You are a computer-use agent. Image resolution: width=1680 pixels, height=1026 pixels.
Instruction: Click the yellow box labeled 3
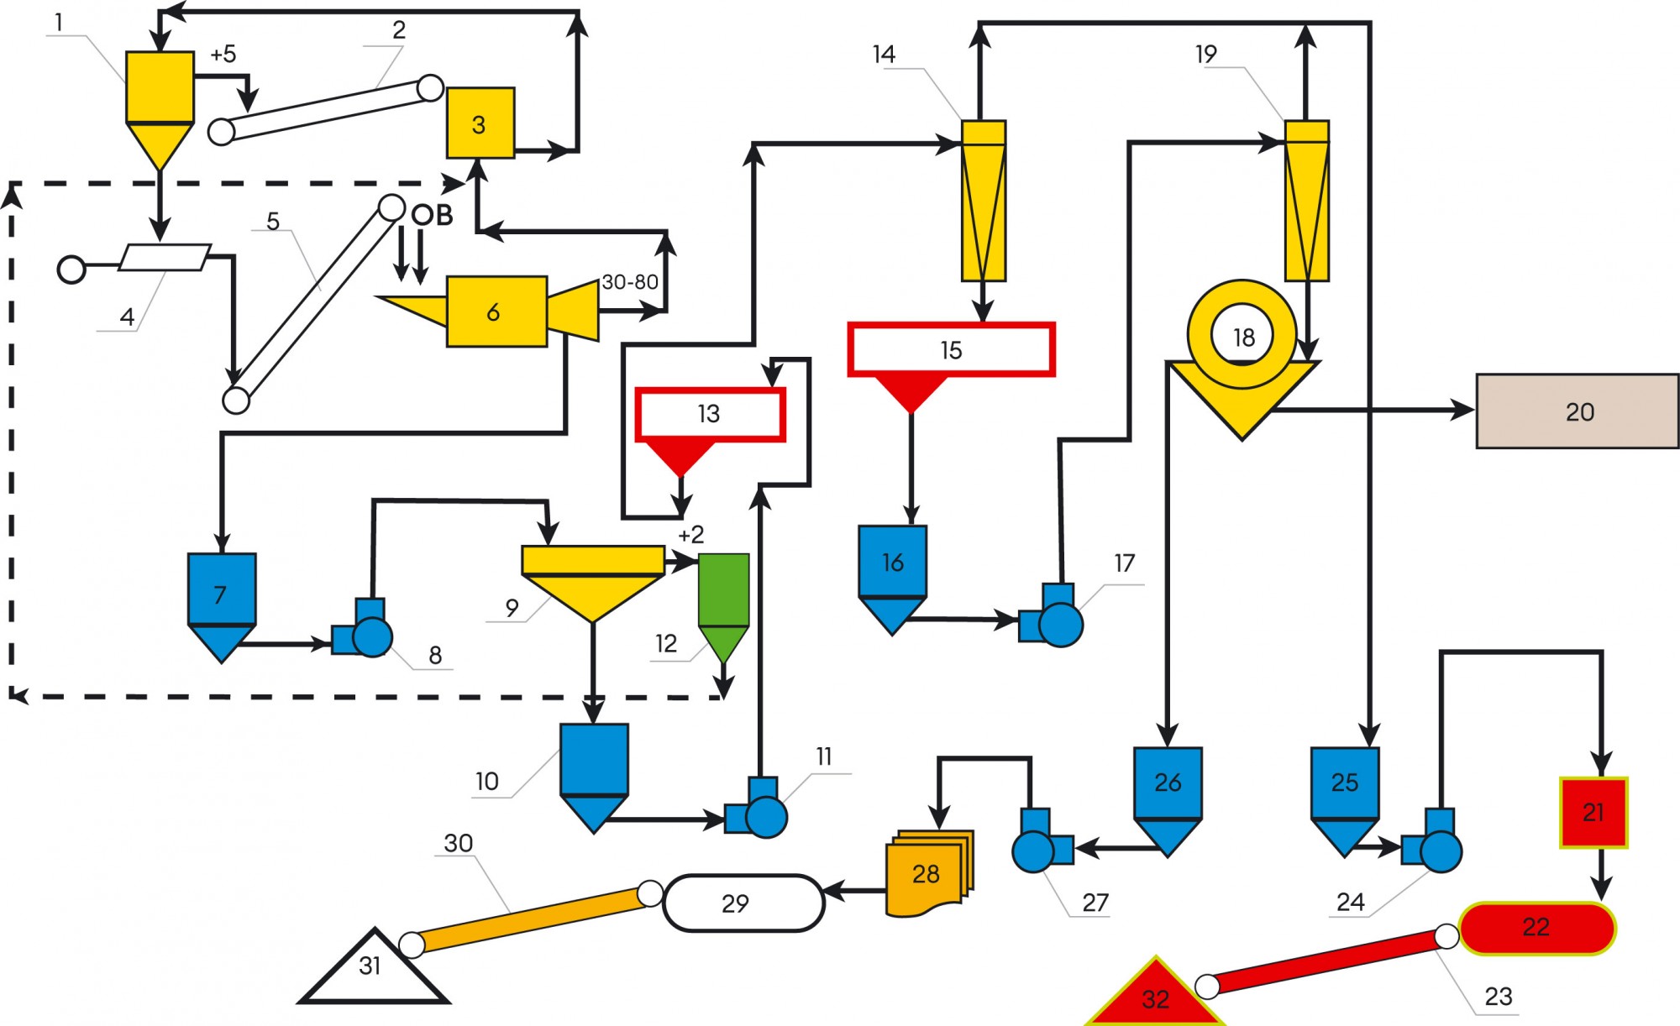pos(480,123)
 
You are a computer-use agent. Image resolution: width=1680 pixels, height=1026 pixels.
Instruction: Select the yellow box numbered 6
pos(496,311)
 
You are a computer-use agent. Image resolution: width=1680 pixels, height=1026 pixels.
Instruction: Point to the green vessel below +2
pos(723,596)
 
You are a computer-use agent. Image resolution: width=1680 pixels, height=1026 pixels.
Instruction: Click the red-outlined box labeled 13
pos(710,414)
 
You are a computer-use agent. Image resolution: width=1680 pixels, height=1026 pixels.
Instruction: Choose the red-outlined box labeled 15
pos(951,349)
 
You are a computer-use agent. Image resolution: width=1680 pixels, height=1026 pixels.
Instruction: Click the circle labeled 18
pos(1242,336)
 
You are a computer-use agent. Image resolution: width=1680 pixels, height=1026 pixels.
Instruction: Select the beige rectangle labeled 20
pos(1577,411)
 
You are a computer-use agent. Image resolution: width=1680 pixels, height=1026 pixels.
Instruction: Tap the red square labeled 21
pos(1593,812)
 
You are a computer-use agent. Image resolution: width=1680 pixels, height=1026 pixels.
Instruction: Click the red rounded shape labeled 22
pos(1536,928)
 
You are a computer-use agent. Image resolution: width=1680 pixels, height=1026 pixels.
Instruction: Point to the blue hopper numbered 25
pos(1344,785)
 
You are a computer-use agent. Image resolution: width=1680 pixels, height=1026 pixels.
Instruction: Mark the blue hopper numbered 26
pos(1168,785)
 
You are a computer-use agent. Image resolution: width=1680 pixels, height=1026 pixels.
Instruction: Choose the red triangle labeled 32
pos(1156,997)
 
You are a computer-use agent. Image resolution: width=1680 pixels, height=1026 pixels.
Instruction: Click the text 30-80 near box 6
pos(630,282)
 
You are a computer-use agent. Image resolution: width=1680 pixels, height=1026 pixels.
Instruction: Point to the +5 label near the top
pos(223,55)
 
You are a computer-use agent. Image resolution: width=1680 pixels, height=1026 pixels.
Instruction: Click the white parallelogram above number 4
pos(165,258)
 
